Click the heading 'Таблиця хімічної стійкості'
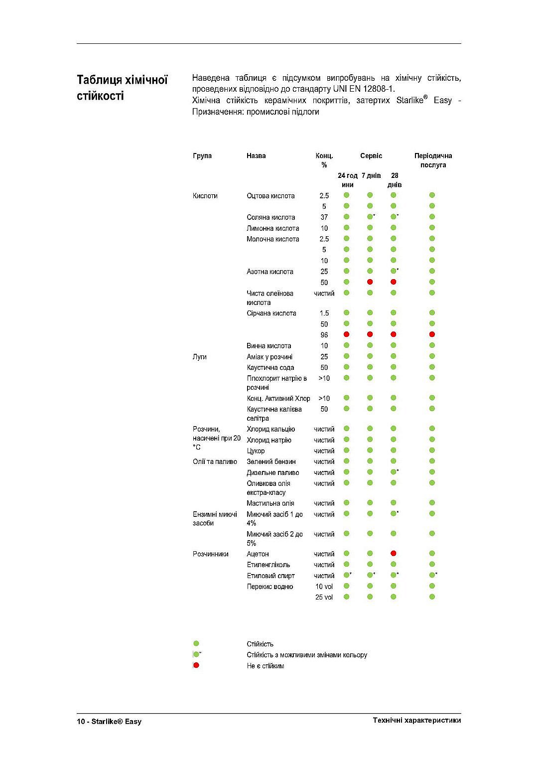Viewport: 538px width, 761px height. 123,88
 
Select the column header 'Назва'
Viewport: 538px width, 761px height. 256,156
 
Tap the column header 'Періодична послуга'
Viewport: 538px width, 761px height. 433,160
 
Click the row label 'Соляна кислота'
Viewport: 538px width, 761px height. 270,217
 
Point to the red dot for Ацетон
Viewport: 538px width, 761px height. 394,553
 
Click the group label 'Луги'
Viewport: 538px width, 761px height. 199,357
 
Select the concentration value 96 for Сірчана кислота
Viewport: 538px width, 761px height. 324,335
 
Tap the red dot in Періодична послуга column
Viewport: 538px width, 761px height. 432,334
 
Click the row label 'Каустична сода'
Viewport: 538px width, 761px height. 270,368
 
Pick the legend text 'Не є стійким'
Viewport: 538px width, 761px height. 265,666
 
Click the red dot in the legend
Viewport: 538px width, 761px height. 196,665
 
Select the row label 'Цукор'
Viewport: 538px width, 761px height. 256,451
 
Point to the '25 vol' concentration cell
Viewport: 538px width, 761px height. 324,597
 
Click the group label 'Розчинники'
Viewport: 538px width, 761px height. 210,554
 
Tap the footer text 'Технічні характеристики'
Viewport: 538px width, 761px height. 416,720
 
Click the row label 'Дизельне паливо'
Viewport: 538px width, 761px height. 272,472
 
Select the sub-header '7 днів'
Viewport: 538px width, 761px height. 371,175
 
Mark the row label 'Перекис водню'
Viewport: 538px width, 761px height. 269,587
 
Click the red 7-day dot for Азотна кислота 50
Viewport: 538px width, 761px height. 370,282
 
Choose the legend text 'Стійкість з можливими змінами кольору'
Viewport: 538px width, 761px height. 306,655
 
